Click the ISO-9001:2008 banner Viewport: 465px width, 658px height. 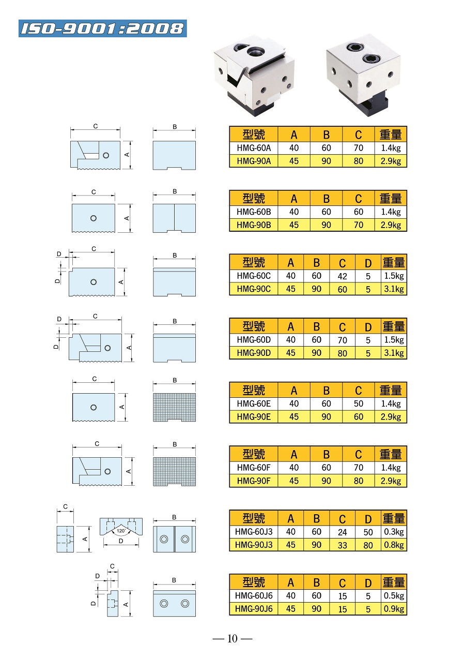(x=103, y=28)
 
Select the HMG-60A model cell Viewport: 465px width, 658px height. (x=254, y=148)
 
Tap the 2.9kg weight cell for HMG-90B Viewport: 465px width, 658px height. (x=391, y=225)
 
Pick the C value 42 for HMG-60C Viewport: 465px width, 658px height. (x=342, y=276)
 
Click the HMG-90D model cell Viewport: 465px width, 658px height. (x=254, y=353)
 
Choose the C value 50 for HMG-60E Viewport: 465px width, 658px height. (x=358, y=403)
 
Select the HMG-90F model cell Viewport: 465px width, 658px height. (x=254, y=481)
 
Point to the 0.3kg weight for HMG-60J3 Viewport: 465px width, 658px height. (x=394, y=532)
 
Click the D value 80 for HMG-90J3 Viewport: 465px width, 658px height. (x=368, y=545)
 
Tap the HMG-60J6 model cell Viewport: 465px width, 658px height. (x=254, y=596)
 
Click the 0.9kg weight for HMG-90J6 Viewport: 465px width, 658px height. (x=394, y=609)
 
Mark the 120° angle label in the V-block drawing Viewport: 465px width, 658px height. (x=121, y=531)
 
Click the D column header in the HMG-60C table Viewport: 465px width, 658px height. (x=368, y=263)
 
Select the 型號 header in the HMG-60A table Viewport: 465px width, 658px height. (x=254, y=134)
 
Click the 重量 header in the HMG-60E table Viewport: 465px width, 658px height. (x=391, y=391)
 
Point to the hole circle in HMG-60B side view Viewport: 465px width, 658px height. (x=94, y=218)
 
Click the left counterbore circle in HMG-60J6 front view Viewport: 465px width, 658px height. (x=164, y=604)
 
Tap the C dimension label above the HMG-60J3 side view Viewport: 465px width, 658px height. (x=66, y=507)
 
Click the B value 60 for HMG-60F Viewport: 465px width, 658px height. (x=326, y=468)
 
